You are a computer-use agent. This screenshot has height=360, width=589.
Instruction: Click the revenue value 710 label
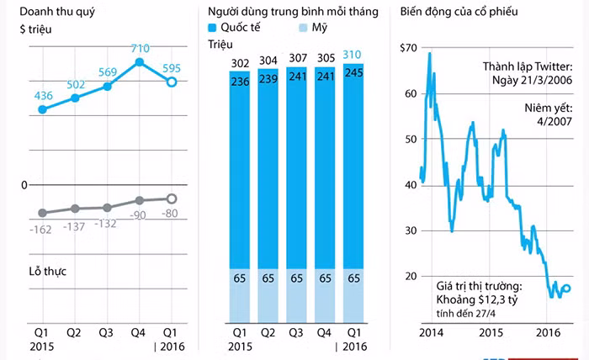(x=140, y=47)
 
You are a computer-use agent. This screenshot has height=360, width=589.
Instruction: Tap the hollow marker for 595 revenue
(x=171, y=82)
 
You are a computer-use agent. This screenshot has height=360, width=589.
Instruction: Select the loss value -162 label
(x=43, y=229)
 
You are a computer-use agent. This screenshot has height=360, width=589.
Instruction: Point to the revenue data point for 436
(x=43, y=109)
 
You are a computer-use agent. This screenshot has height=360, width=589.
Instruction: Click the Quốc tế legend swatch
(x=213, y=28)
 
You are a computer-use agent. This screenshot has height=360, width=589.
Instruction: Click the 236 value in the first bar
(x=241, y=81)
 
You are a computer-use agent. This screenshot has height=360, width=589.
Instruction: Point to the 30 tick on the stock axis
(x=410, y=230)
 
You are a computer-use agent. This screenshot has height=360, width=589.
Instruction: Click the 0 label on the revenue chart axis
(x=25, y=184)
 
